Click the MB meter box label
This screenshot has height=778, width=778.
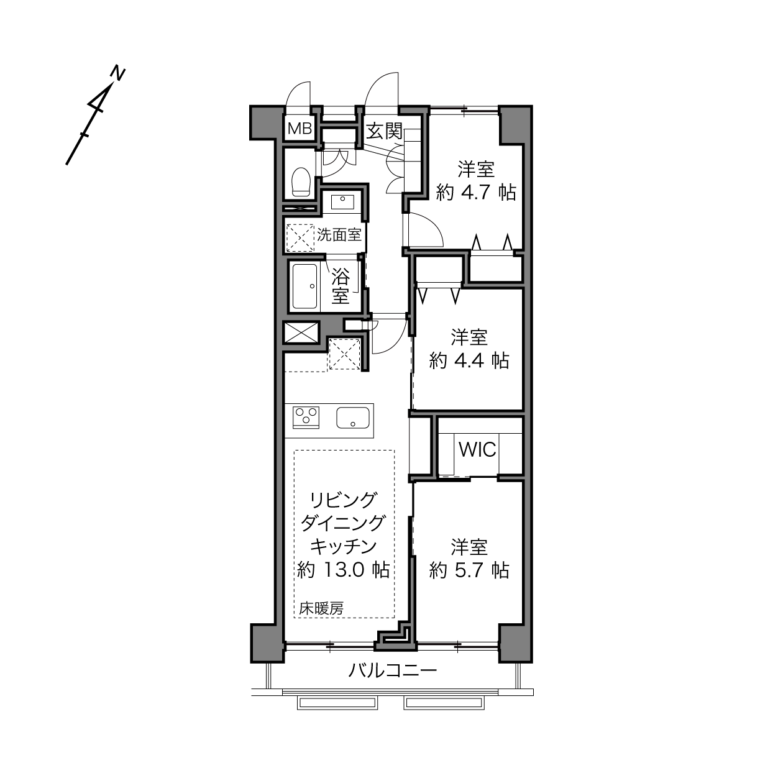pyautogui.click(x=300, y=129)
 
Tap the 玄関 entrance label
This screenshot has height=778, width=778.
pyautogui.click(x=384, y=131)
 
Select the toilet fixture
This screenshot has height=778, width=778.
pyautogui.click(x=300, y=181)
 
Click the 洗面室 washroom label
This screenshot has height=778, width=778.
pyautogui.click(x=339, y=234)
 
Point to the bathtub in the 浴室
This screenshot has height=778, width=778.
pyautogui.click(x=305, y=286)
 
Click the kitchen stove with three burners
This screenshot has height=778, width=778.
pyautogui.click(x=306, y=418)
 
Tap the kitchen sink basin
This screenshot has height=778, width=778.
pyautogui.click(x=352, y=418)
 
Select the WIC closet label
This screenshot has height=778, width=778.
pyautogui.click(x=477, y=449)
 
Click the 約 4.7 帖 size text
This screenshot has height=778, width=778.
pyautogui.click(x=476, y=193)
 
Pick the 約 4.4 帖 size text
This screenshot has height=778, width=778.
pyautogui.click(x=469, y=360)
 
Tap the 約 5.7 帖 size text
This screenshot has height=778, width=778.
pyautogui.click(x=469, y=570)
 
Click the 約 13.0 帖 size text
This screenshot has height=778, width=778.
pyautogui.click(x=343, y=570)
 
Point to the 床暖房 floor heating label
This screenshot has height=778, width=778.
pyautogui.click(x=321, y=608)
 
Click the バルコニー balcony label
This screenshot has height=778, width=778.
pyautogui.click(x=393, y=671)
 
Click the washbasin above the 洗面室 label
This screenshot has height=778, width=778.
pyautogui.click(x=342, y=201)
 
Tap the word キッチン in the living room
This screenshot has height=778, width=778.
pyautogui.click(x=343, y=546)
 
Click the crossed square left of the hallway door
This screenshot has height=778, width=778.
pyautogui.click(x=301, y=332)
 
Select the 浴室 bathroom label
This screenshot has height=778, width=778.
pyautogui.click(x=341, y=286)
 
